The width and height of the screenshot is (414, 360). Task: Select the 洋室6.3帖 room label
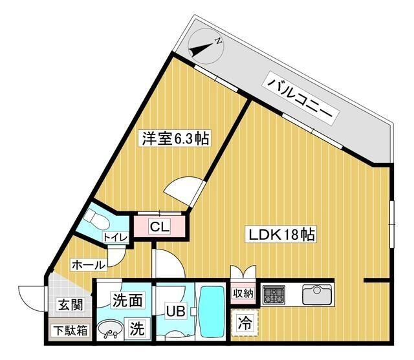(176, 138)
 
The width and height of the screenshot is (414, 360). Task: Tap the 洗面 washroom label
(127, 301)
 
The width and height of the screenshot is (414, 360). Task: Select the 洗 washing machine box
(138, 328)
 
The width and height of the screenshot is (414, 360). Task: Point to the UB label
(176, 312)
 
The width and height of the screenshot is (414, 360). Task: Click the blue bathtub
(211, 313)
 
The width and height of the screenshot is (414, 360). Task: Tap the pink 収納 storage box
(243, 294)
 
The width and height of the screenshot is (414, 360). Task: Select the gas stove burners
(274, 295)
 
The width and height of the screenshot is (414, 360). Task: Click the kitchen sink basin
(316, 294)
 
